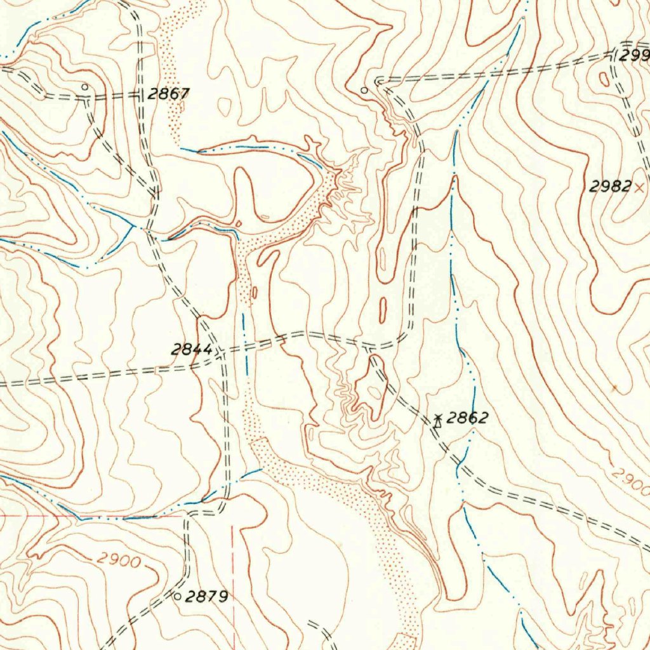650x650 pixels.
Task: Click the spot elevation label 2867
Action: coord(168,94)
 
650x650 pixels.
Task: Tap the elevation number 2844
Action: coord(192,349)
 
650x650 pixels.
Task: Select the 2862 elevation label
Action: coord(467,418)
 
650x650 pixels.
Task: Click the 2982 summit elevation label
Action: coord(610,187)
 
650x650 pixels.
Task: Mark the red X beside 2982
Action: coord(639,187)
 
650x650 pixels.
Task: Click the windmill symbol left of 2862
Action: coord(437,420)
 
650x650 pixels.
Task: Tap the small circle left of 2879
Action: coord(177,596)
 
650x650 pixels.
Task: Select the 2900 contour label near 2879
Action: coord(119,560)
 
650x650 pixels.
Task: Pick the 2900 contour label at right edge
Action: coord(632,482)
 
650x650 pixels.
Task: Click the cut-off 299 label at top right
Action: coord(635,56)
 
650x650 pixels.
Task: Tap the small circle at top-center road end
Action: coord(364,91)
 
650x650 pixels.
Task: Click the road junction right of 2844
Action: coord(222,350)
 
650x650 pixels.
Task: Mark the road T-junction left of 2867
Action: coord(140,95)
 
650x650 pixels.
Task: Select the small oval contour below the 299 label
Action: coord(604,79)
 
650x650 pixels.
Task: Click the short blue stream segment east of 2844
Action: coord(244,343)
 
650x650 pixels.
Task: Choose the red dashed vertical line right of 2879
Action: coord(233,571)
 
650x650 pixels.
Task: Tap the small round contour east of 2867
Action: coord(225,106)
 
